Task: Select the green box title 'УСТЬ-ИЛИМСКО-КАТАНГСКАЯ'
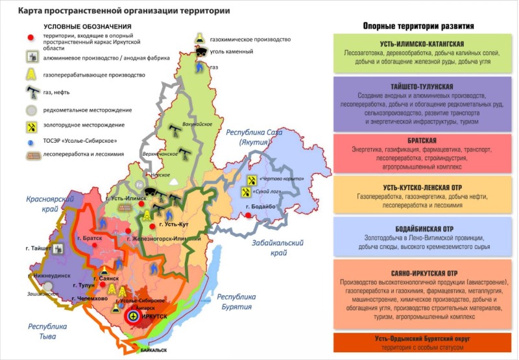tap(422, 43)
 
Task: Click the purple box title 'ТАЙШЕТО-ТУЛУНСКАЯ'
tap(422, 86)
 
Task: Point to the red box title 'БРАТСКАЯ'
tap(422, 139)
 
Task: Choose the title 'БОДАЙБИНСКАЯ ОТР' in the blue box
tap(422, 230)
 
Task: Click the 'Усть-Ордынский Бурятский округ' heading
tap(422, 339)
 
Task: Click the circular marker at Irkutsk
tap(132, 316)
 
